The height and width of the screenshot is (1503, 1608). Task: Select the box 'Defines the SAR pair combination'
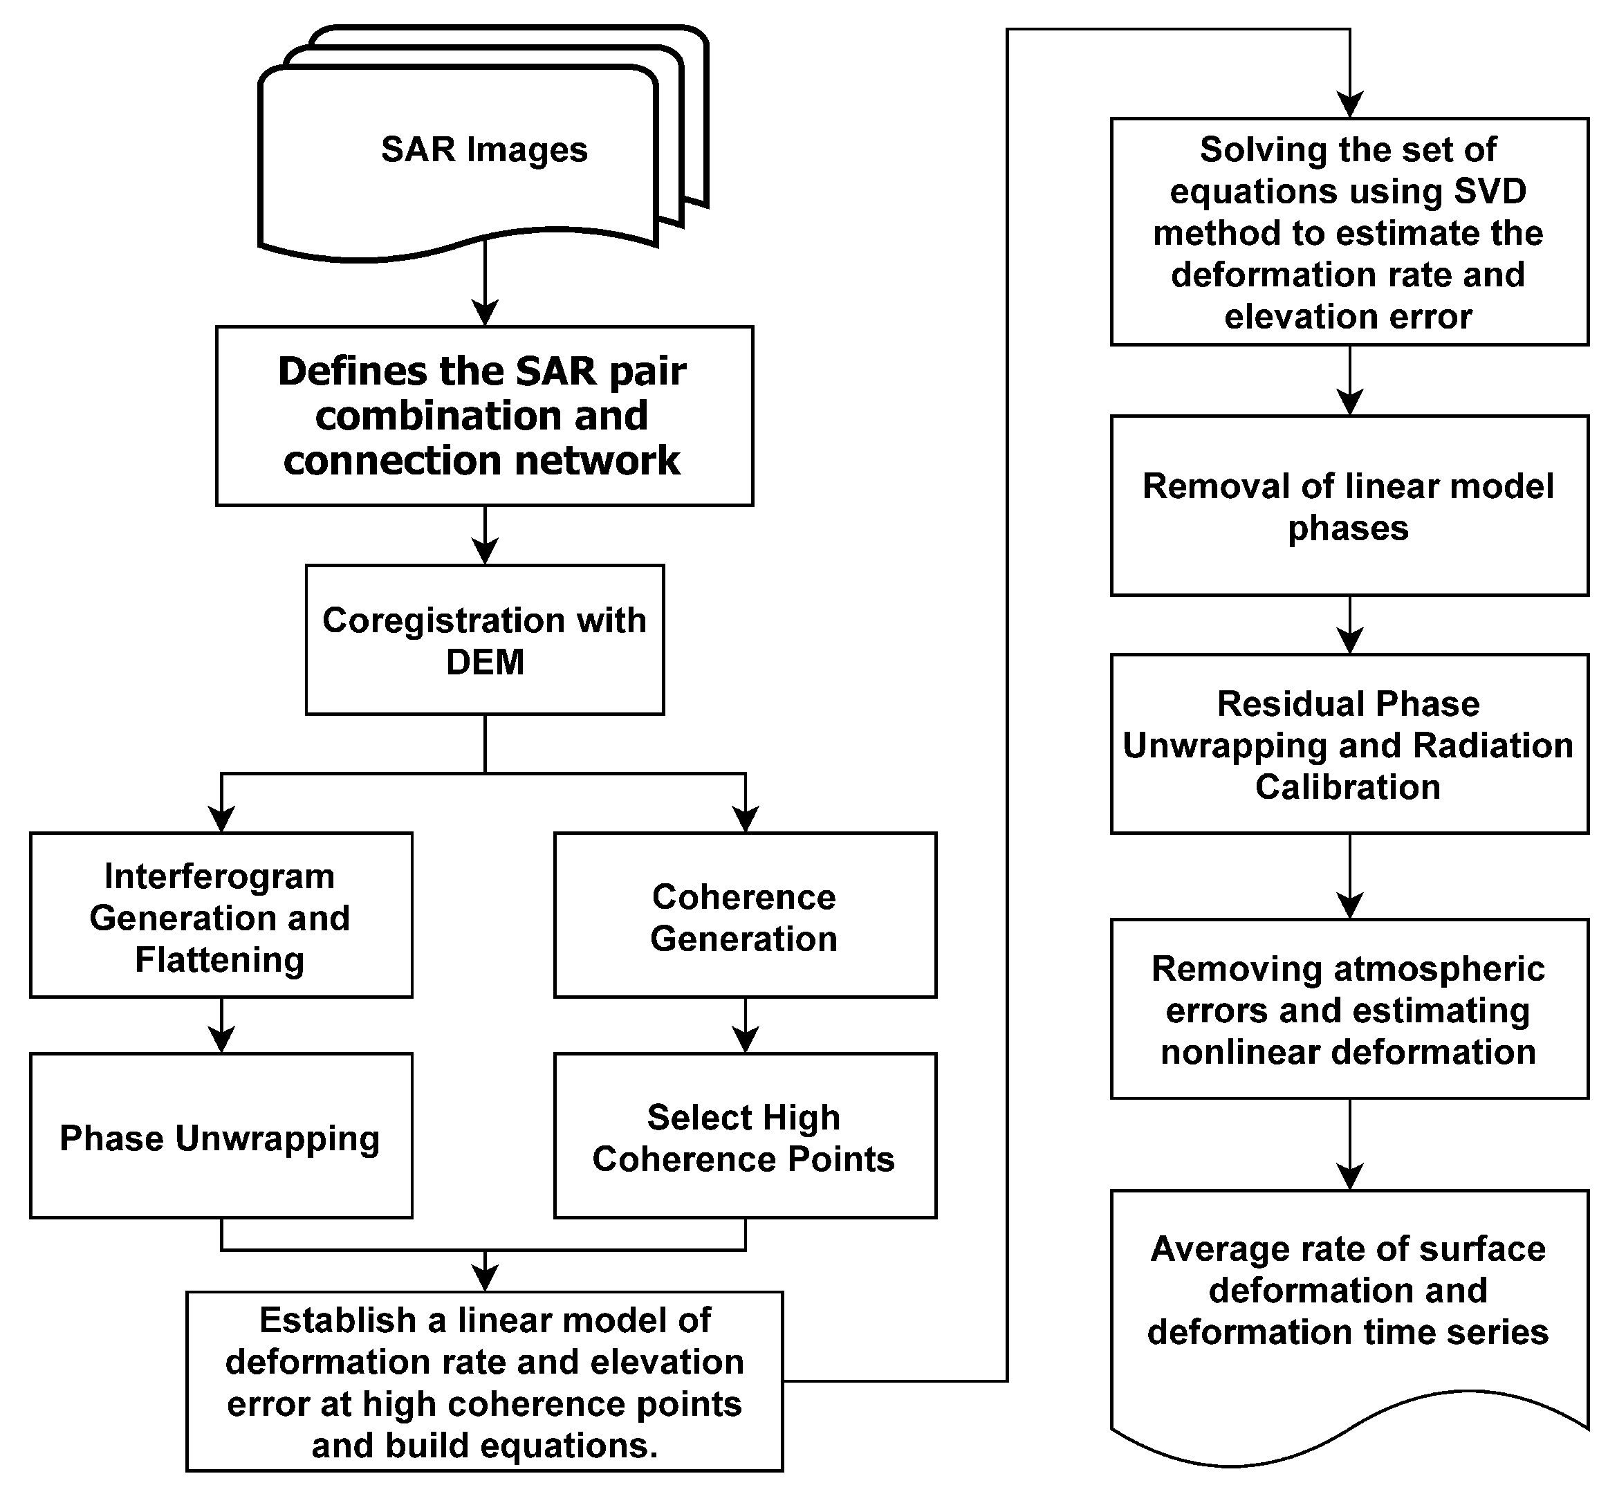(483, 416)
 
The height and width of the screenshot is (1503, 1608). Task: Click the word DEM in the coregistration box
(485, 663)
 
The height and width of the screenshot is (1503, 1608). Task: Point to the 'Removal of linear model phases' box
(1349, 506)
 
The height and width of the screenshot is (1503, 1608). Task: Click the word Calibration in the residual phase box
(1347, 787)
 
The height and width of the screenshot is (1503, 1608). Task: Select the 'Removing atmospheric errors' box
(1349, 1010)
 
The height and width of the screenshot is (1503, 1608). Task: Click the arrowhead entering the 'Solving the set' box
(1350, 106)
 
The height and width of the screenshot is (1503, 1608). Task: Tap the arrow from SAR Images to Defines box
(485, 283)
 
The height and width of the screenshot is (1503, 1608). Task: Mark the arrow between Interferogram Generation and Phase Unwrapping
(221, 1026)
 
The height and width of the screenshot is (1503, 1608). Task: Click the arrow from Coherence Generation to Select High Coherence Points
(745, 1026)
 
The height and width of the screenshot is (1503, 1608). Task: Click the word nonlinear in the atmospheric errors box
(1218, 1053)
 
